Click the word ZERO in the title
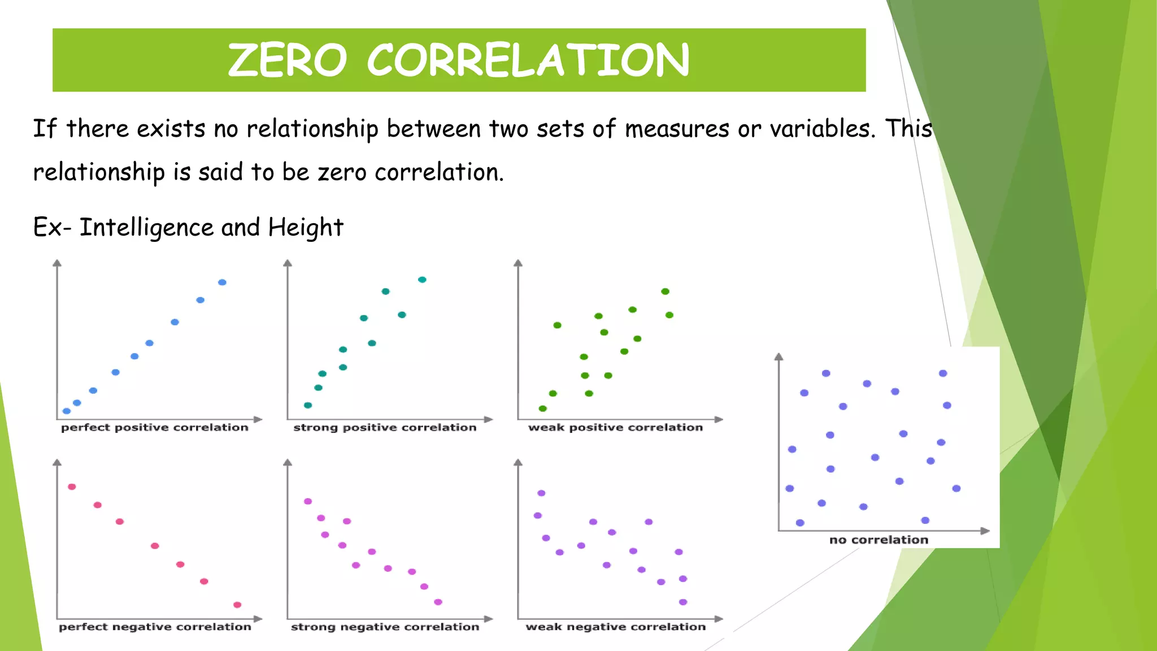point(287,60)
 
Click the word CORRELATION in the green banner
point(528,60)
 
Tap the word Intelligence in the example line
point(146,228)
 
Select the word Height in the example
point(306,228)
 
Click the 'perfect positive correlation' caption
point(155,428)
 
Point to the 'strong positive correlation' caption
point(385,428)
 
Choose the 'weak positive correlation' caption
point(615,428)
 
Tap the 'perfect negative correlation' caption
point(155,627)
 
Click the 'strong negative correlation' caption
point(385,627)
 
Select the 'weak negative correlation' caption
point(615,627)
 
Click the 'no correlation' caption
point(878,540)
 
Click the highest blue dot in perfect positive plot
point(222,282)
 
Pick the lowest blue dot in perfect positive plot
point(67,411)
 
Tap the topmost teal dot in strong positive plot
point(422,280)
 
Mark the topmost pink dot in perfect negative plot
point(72,487)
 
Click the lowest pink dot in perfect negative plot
point(237,605)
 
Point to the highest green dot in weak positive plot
point(665,292)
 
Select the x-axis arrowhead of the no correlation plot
point(985,531)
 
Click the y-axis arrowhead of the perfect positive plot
point(57,263)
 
